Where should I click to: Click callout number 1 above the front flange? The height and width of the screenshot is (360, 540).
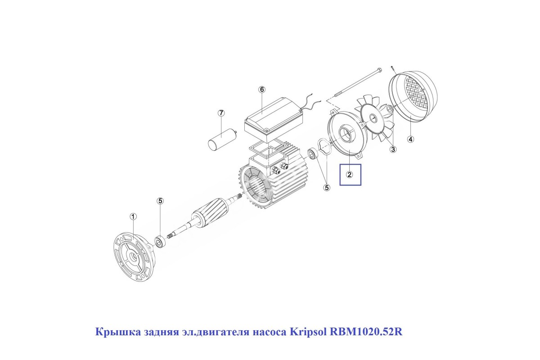point(133,216)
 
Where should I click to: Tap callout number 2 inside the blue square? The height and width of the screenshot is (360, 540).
point(349,175)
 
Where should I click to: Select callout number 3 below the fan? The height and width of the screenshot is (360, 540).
point(393,149)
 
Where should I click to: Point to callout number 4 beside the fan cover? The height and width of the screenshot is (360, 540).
point(411,139)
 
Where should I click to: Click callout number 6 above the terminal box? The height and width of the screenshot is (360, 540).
point(262,90)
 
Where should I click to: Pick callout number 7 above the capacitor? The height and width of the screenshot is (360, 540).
point(221,113)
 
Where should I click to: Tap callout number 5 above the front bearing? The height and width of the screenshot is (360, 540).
point(160,201)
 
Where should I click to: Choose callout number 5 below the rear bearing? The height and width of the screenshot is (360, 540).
point(327,187)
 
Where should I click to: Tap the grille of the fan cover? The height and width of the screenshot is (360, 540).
point(416,92)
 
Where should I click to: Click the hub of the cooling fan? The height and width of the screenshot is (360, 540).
point(373,118)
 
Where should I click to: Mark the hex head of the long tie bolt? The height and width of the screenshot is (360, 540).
point(379,70)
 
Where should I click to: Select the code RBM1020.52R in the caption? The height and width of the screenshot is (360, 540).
point(366,332)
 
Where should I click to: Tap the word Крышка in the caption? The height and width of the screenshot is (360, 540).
point(118,332)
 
